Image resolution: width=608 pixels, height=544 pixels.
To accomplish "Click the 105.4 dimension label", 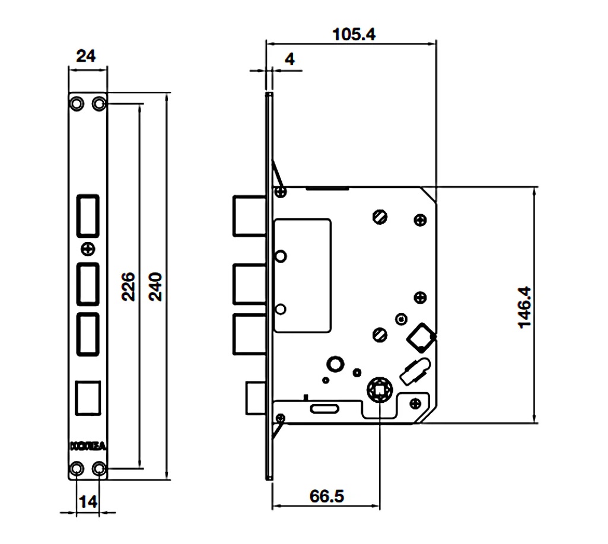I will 354,34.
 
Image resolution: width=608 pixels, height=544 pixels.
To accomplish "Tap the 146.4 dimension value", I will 524,307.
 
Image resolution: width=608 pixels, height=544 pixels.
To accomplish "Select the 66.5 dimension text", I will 326,495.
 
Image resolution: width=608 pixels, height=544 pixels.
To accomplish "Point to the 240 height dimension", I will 155,287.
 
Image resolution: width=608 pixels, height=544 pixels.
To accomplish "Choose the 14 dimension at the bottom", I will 88,501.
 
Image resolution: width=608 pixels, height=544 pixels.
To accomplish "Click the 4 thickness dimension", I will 289,59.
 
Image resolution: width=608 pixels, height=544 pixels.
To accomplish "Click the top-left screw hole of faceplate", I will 77,103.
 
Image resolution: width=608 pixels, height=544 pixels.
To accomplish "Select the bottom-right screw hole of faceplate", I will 99,470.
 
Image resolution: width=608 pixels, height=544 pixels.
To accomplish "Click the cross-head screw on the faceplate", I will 88,248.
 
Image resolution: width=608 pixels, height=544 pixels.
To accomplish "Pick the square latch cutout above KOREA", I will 88,397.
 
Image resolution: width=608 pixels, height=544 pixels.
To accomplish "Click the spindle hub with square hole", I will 379,390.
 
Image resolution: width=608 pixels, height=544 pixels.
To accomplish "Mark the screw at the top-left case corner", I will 281,192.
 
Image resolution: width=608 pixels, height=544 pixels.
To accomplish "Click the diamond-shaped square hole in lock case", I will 419,337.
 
